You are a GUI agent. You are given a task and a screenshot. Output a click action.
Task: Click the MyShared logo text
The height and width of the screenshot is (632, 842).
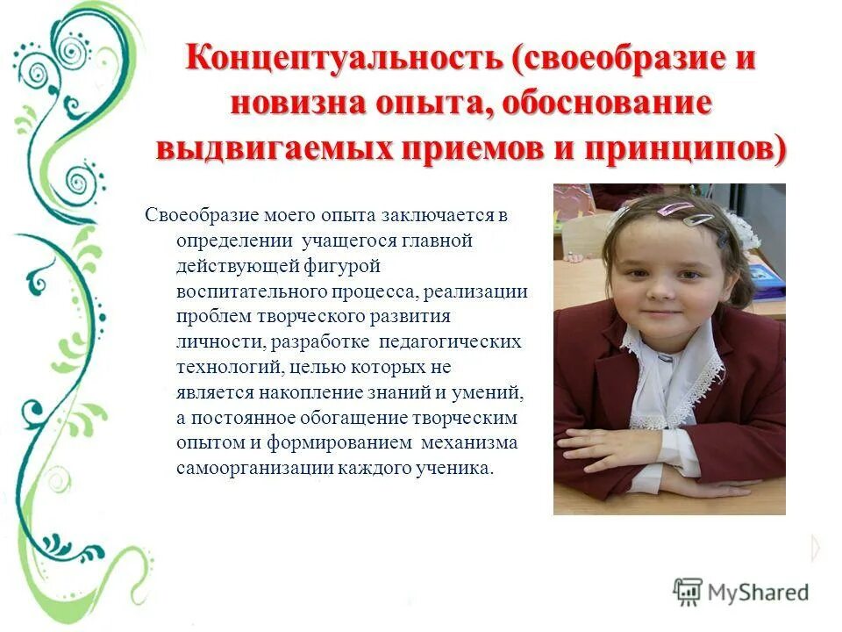(758, 592)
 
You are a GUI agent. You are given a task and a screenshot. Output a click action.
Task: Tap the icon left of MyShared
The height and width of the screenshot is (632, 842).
(688, 591)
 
